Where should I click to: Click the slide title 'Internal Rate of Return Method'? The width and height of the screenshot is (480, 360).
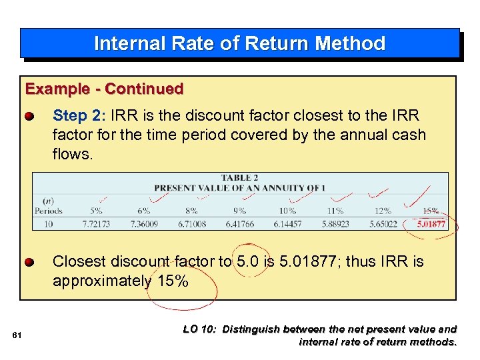pos(239,43)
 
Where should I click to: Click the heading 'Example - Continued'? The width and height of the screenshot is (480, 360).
pos(104,89)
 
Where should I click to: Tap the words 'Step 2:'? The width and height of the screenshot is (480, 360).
pos(70,116)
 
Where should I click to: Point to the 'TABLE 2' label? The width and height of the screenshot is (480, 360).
pos(240,178)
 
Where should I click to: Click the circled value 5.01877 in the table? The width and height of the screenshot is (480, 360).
pos(431,224)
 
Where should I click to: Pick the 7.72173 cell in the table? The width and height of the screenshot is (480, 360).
pos(96,224)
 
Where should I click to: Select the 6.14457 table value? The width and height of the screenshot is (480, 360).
pos(287,224)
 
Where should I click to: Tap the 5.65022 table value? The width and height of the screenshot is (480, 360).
pos(383,224)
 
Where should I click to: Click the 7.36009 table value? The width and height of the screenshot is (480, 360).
pos(144,224)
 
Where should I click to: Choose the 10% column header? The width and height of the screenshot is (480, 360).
pos(287,211)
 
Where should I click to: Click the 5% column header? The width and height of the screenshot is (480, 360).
pos(96,211)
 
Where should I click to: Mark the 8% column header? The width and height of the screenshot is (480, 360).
pos(192,211)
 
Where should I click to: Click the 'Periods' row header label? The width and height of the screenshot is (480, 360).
pos(49,211)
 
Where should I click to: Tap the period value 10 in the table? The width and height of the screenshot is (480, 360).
pos(49,224)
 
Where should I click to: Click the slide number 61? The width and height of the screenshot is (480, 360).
pos(18,335)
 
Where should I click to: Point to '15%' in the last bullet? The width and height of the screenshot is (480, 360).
pos(173,281)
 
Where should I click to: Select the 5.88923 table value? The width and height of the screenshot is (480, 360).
pos(335,224)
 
